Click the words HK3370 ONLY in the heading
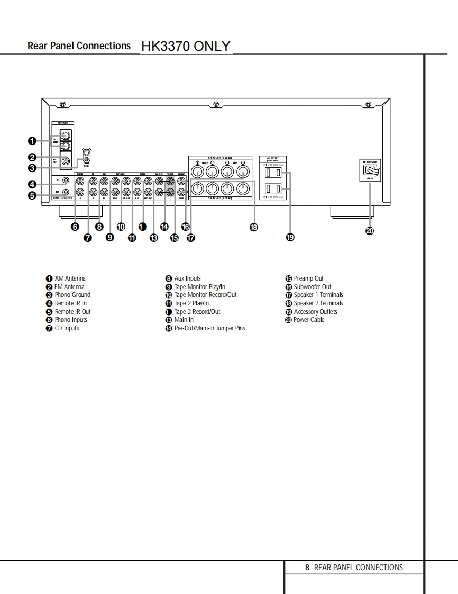pyautogui.click(x=186, y=46)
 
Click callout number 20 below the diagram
pyautogui.click(x=370, y=230)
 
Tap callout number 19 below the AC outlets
pyautogui.click(x=290, y=238)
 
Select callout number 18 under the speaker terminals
pyautogui.click(x=254, y=227)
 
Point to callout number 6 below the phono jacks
pyautogui.click(x=76, y=227)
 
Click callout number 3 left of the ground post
pyautogui.click(x=32, y=168)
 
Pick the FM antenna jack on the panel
pyautogui.click(x=66, y=161)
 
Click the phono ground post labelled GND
pyautogui.click(x=87, y=156)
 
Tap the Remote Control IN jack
pyautogui.click(x=66, y=181)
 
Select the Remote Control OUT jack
pyautogui.click(x=66, y=192)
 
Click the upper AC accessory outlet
pyautogui.click(x=272, y=173)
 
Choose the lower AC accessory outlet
pyautogui.click(x=272, y=188)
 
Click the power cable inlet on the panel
pyautogui.click(x=370, y=171)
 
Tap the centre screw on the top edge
pyautogui.click(x=216, y=104)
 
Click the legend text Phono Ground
pyautogui.click(x=72, y=295)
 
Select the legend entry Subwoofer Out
pyautogui.click(x=312, y=287)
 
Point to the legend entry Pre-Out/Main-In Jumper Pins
pyautogui.click(x=209, y=328)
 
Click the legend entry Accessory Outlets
pyautogui.click(x=315, y=312)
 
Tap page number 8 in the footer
pyautogui.click(x=307, y=568)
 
